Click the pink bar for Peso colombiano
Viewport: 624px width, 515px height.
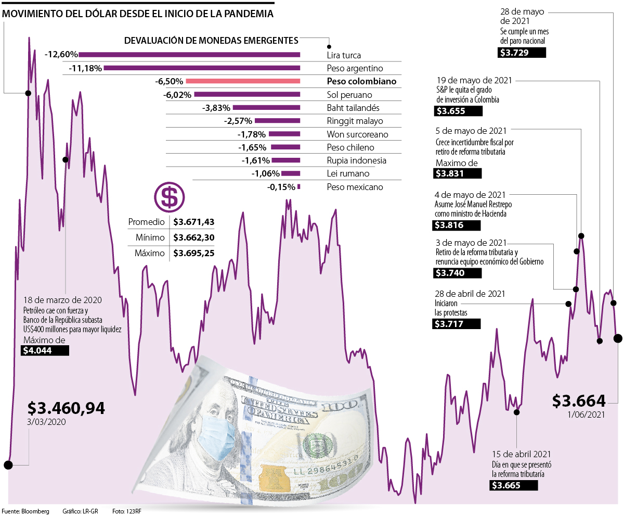coord(243,81)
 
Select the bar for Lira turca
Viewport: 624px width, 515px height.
coord(189,55)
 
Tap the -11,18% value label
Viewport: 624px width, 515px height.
coord(85,68)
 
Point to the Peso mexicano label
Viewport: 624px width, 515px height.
coord(355,187)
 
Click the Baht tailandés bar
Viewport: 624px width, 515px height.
coord(267,108)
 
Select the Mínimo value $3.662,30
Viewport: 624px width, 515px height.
coord(194,237)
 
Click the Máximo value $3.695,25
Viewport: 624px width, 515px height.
coord(194,254)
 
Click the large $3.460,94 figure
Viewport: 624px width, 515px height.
coord(66,408)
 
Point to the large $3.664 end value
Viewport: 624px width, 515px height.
coord(579,400)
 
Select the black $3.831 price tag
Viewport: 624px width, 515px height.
coord(458,174)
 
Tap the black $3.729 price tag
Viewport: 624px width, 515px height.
coord(522,52)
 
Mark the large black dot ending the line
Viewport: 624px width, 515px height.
coord(618,338)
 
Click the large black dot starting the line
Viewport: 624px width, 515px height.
coord(8,465)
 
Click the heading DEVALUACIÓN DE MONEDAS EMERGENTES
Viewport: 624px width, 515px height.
coord(211,41)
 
